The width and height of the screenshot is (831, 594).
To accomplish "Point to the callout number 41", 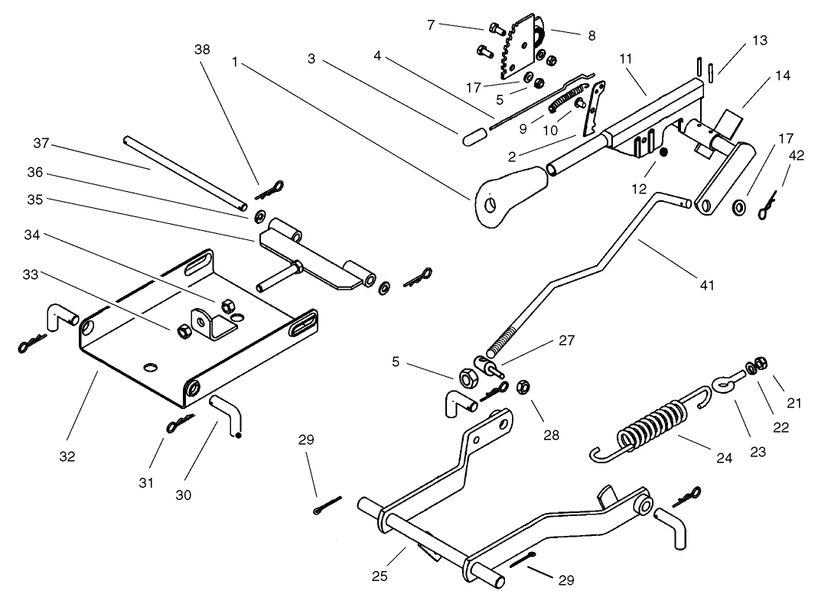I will tap(706, 285).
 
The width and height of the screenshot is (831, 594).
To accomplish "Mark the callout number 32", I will tap(67, 457).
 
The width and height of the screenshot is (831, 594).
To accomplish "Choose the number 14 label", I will tap(782, 76).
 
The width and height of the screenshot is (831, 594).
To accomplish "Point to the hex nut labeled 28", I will tap(525, 385).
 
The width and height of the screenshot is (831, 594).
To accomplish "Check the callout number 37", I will tap(41, 143).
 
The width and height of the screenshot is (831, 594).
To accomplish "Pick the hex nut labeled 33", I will tap(183, 331).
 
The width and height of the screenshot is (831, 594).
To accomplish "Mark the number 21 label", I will tap(794, 402).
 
